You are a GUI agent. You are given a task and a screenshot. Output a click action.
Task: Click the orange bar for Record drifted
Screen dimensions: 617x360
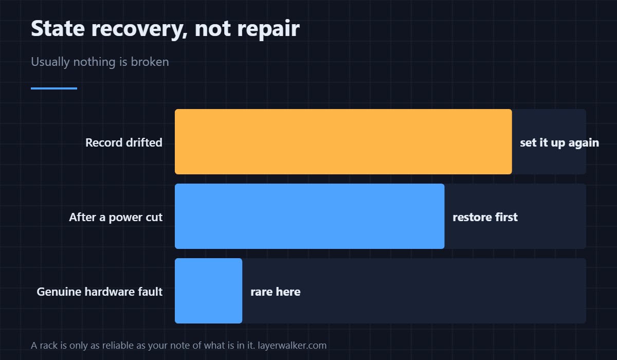point(343,141)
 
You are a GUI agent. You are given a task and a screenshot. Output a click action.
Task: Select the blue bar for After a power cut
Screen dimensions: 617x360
point(310,216)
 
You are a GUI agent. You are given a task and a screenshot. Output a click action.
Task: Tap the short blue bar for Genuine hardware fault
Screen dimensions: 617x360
point(209,291)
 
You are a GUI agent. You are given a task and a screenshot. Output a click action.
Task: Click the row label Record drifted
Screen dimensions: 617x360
point(124,142)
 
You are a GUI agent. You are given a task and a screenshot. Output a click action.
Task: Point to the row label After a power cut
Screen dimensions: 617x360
point(116,218)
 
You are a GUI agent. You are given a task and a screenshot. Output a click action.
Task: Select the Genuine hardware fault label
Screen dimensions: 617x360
point(99,292)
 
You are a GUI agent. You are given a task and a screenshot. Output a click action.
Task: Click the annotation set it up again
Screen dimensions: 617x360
point(559,142)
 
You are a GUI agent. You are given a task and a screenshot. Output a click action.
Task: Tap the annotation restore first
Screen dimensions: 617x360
point(485,218)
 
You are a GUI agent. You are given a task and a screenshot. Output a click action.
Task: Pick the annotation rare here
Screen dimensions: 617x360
point(276,292)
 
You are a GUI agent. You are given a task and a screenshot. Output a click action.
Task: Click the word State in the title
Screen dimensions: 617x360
point(58,28)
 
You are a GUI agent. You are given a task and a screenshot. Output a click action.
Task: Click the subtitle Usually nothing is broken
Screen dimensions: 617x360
point(100,62)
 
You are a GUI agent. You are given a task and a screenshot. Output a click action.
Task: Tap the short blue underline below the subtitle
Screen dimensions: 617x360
point(54,88)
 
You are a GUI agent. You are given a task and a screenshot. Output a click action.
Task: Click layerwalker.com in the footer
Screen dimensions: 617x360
point(292,346)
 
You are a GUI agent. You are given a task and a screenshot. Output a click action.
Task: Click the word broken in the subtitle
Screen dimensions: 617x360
point(150,62)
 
